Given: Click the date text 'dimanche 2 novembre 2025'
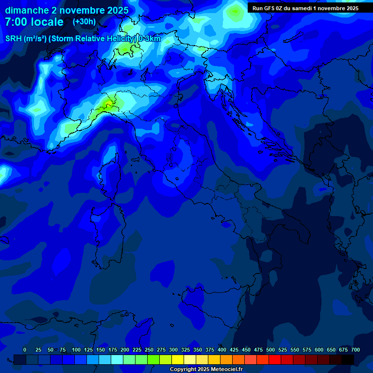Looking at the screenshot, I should [x=67, y=10].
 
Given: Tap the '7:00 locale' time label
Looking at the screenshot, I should [x=34, y=22].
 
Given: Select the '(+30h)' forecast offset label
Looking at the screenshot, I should [x=84, y=22].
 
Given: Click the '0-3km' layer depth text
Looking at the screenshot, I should [x=149, y=39].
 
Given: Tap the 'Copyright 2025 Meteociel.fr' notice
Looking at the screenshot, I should [x=206, y=369].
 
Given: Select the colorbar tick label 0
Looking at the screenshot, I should [x=25, y=350].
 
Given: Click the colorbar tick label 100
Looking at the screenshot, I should [x=76, y=350].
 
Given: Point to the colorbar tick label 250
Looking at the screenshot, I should [x=149, y=350].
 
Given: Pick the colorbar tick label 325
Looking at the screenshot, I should [x=186, y=350].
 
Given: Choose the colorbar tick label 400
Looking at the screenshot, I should [x=222, y=350].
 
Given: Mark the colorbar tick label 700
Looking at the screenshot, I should [x=355, y=350].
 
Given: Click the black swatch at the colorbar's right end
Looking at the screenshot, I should [x=348, y=359].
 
